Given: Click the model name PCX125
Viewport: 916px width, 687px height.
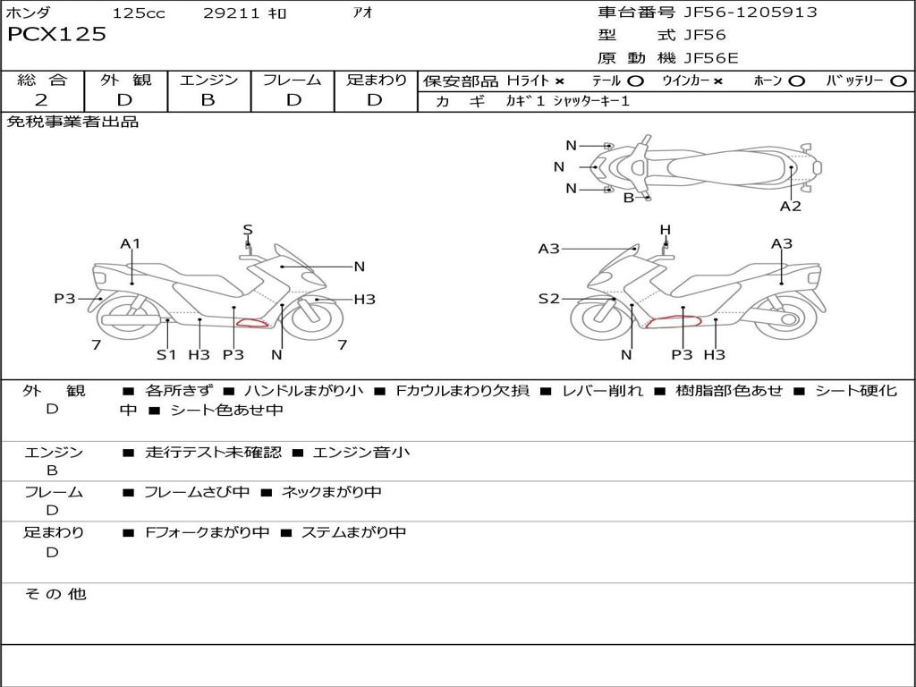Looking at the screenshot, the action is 56,35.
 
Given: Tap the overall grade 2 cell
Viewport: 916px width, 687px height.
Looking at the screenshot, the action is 42,100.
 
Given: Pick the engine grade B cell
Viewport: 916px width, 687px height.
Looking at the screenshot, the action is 208,100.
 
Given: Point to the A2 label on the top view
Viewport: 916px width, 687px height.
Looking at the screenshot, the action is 790,207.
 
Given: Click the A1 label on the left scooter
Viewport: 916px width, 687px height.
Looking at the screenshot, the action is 131,243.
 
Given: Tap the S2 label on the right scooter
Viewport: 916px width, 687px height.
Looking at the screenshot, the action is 548,299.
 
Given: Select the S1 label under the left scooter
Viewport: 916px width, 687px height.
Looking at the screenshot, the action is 166,354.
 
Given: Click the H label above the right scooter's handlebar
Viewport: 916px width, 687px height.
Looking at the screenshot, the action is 666,230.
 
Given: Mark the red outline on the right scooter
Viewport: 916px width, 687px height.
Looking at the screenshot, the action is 674,322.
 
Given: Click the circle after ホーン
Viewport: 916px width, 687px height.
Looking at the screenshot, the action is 796,81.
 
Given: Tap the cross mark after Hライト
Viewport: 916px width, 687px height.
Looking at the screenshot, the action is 559,81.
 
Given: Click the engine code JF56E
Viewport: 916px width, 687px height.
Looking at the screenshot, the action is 710,58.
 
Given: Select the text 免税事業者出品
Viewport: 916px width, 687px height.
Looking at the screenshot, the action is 72,122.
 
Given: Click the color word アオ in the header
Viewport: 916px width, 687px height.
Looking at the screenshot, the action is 362,13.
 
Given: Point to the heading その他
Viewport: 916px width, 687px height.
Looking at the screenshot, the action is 55,594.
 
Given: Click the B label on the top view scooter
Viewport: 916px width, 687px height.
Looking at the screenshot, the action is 629,198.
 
